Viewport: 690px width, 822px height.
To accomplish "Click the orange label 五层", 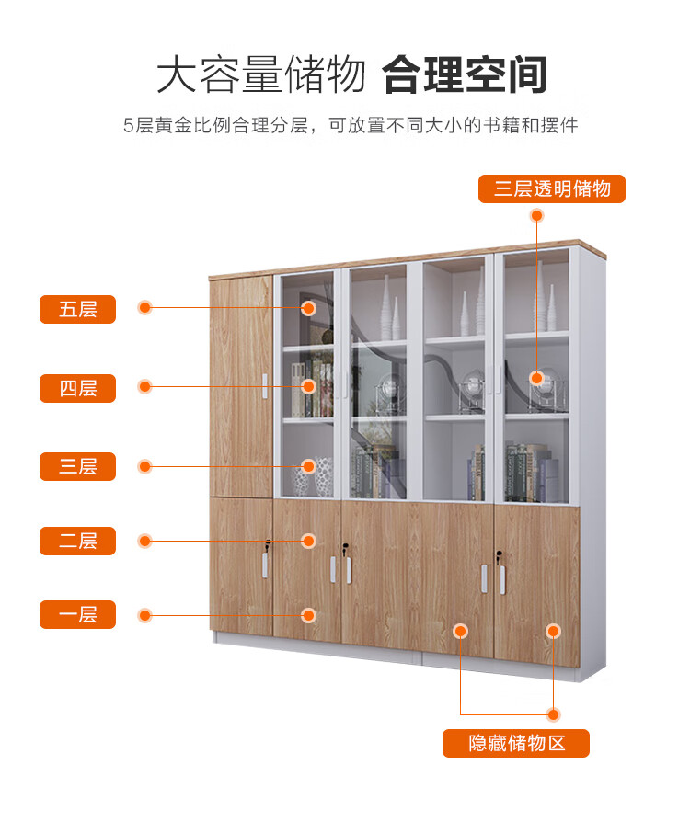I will pyautogui.click(x=77, y=309).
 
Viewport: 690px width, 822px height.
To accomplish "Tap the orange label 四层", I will pyautogui.click(x=77, y=388).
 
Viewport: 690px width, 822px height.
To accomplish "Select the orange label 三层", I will pyautogui.click(x=77, y=466).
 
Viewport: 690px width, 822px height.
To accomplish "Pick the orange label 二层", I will pyautogui.click(x=77, y=541).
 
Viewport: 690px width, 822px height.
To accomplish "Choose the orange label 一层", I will pyautogui.click(x=77, y=614).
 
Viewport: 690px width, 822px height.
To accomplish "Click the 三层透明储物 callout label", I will pyautogui.click(x=552, y=189).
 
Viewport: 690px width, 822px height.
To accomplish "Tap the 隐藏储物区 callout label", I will pyautogui.click(x=516, y=743).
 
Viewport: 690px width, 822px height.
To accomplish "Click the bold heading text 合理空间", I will pyautogui.click(x=466, y=74).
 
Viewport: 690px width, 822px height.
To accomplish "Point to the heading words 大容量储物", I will pyautogui.click(x=261, y=74).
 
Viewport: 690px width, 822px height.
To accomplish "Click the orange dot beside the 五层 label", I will pyautogui.click(x=144, y=308).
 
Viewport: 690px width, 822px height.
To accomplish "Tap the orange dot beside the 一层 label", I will pyautogui.click(x=144, y=614).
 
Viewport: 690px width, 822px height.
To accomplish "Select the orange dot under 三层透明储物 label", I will pyautogui.click(x=537, y=215).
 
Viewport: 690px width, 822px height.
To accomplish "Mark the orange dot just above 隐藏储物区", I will pyautogui.click(x=553, y=714).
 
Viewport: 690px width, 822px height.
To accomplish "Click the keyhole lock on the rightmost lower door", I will pyautogui.click(x=499, y=555).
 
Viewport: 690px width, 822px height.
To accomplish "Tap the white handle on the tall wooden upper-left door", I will pyautogui.click(x=265, y=386).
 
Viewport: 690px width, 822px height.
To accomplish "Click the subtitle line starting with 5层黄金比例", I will pyautogui.click(x=350, y=125).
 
